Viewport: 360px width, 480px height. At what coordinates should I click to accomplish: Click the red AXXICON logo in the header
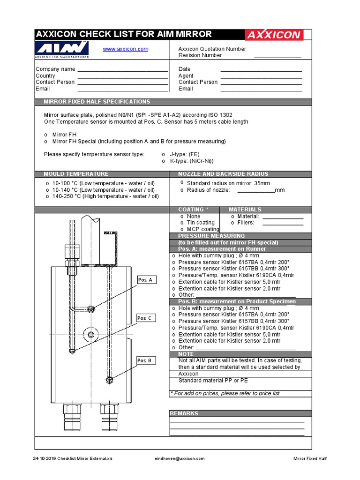[274, 35]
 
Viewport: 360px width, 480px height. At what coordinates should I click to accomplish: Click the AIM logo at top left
[62, 49]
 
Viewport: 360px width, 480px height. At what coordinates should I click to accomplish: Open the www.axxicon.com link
[126, 49]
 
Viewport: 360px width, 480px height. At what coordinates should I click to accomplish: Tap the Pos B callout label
[145, 360]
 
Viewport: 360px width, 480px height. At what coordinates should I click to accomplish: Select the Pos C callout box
[145, 318]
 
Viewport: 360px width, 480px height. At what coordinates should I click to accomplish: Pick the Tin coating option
[200, 223]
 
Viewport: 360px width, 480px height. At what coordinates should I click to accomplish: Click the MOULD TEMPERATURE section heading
[76, 174]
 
